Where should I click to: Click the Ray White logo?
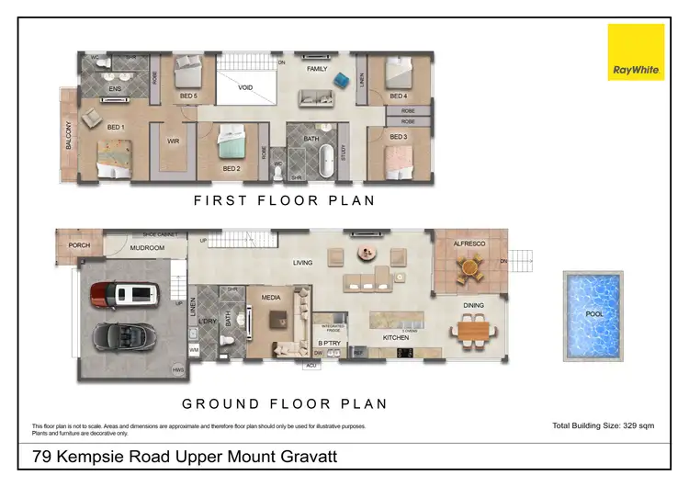click(636, 52)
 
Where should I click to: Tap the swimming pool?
click(593, 312)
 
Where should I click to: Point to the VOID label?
click(245, 88)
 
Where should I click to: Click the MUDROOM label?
click(146, 248)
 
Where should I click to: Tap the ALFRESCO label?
click(470, 243)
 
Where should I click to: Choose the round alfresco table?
click(471, 269)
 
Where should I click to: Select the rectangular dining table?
click(473, 329)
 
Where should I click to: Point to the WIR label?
click(172, 142)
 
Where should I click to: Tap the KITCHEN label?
click(395, 337)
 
